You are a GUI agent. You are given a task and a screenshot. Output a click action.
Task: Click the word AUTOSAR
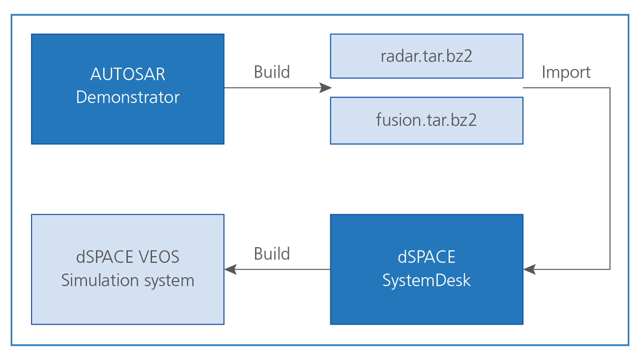click(128, 74)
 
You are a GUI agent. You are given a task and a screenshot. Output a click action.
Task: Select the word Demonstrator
click(128, 97)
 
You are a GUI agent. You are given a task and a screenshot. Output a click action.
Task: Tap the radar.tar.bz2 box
click(427, 56)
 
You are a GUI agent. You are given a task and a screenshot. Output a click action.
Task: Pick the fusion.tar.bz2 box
click(427, 121)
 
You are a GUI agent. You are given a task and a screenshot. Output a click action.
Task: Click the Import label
click(566, 73)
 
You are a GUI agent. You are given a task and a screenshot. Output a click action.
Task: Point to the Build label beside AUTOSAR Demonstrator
click(272, 72)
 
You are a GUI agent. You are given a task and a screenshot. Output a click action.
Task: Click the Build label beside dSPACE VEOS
click(272, 254)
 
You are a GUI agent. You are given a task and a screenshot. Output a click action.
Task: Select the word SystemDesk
click(426, 281)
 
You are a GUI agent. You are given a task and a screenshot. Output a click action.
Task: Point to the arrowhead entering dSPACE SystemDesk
click(529, 269)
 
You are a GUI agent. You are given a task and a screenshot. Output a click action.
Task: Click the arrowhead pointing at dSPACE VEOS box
click(230, 269)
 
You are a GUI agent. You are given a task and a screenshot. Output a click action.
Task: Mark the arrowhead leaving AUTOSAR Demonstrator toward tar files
click(325, 88)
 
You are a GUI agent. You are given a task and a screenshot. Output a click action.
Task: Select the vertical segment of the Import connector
click(610, 179)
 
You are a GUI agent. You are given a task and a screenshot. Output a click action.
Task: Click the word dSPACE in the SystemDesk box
click(426, 257)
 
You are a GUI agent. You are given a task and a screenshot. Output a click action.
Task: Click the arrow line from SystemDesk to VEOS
click(277, 269)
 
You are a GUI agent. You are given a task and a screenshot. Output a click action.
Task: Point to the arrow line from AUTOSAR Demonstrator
click(278, 88)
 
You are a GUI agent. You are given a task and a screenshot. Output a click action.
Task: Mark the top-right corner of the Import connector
click(610, 88)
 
